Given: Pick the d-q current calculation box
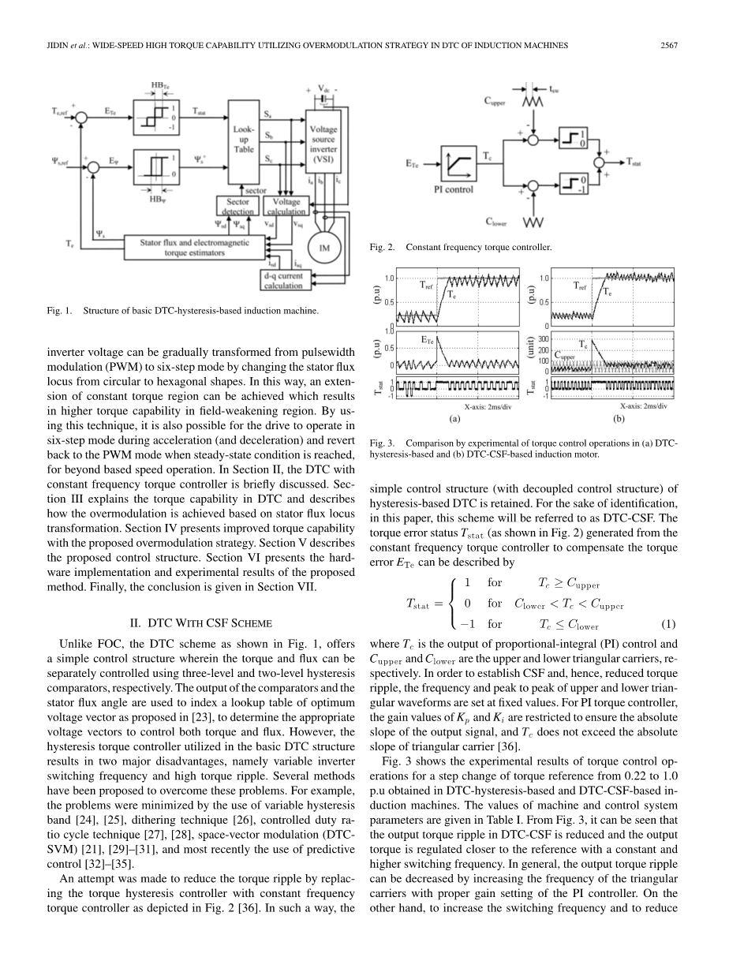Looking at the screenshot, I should click(x=285, y=280).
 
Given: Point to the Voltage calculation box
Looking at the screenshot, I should click(x=287, y=207).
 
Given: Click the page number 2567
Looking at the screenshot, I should click(x=669, y=44).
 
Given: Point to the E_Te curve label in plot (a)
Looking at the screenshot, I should click(x=427, y=339).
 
